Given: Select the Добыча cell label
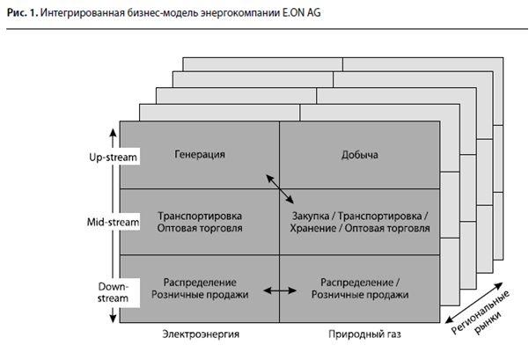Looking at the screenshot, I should pyautogui.click(x=359, y=156).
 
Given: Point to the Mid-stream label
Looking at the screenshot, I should pyautogui.click(x=114, y=222).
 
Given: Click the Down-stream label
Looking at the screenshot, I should pyautogui.click(x=114, y=292).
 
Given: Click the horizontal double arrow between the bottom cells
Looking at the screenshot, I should pyautogui.click(x=279, y=289).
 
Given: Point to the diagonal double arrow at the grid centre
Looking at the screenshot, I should pyautogui.click(x=279, y=187).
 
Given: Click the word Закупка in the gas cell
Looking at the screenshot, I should pyautogui.click(x=309, y=216).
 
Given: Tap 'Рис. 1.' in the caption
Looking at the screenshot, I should pyautogui.click(x=23, y=11).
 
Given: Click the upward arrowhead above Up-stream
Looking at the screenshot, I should pyautogui.click(x=114, y=131).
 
